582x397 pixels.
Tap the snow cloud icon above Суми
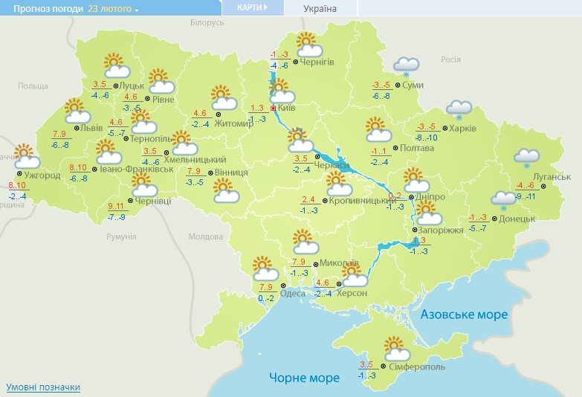pos(406,65)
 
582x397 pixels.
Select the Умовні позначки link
pos(43,387)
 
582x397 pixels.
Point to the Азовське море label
pos(464,314)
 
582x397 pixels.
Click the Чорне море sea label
pos(305,378)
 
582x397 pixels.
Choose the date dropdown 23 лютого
pos(113,8)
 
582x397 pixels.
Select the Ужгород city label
pos(42,176)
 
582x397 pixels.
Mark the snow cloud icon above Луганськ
pos(527,157)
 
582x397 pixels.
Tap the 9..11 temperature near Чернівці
pos(116,206)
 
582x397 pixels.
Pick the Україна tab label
pos(320,8)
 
